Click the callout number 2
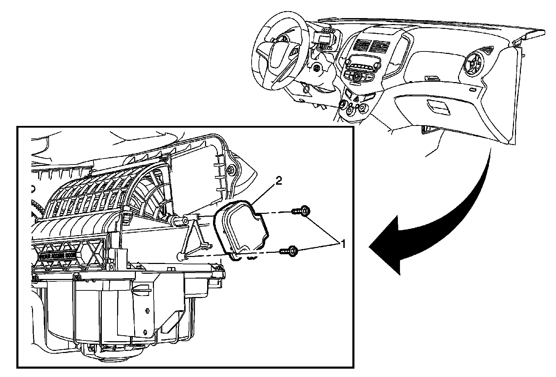tap(278, 181)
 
